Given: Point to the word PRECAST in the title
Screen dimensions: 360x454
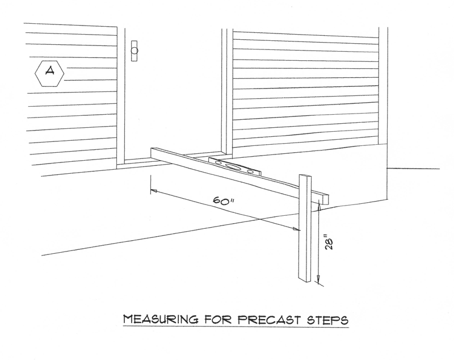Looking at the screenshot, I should pyautogui.click(x=272, y=320).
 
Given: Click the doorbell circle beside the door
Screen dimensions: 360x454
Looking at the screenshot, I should pyautogui.click(x=134, y=51).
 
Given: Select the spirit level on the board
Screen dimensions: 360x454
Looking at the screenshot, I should pyautogui.click(x=234, y=165).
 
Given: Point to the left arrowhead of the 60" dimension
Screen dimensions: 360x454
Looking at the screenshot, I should pyautogui.click(x=153, y=191).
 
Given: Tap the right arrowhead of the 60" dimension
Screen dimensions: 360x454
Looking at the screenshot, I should pyautogui.click(x=296, y=229).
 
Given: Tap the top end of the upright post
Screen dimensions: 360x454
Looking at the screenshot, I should pyautogui.click(x=305, y=176).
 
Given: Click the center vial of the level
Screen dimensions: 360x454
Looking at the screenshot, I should pyautogui.click(x=234, y=166).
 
